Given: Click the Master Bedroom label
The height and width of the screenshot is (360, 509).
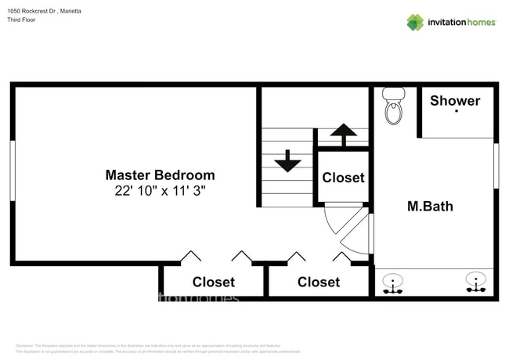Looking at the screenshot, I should tap(160, 175).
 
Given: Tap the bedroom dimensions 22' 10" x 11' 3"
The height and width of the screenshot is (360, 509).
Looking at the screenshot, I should tap(160, 190).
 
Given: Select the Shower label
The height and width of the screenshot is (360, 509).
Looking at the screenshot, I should tap(455, 100).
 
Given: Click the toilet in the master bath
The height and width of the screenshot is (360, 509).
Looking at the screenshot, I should tap(393, 106).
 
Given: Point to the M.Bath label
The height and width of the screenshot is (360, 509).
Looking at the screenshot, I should tap(430, 207).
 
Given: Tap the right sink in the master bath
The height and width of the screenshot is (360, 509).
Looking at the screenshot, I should tap(475, 283).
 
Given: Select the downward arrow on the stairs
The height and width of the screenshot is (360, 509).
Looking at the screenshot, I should tap(287, 161).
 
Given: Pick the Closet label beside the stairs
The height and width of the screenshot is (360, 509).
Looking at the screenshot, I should tap(343, 178).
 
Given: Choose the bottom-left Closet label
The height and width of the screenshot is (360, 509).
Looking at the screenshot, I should tap(213, 282).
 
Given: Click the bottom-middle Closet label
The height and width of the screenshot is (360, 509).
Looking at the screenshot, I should tap(319, 282).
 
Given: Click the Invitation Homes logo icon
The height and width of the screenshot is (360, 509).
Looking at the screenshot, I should tap(415, 22).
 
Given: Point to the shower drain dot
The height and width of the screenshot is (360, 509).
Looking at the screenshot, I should tap(456, 112).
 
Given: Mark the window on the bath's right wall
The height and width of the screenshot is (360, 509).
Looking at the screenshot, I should tap(496, 165).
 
